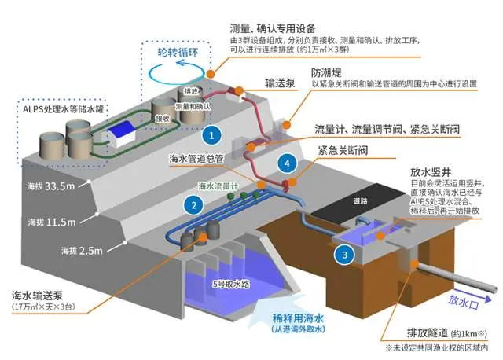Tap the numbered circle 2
[x=189, y=204]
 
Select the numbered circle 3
[x=343, y=253]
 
